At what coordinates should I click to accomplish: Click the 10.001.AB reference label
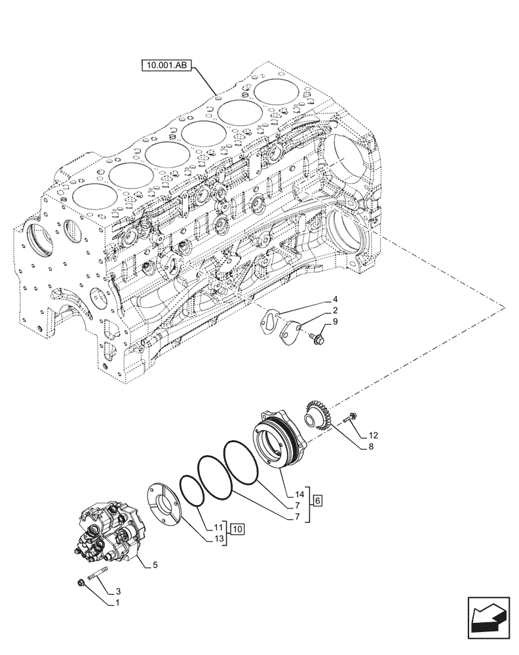[x=165, y=65]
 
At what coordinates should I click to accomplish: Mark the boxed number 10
[x=237, y=528]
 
